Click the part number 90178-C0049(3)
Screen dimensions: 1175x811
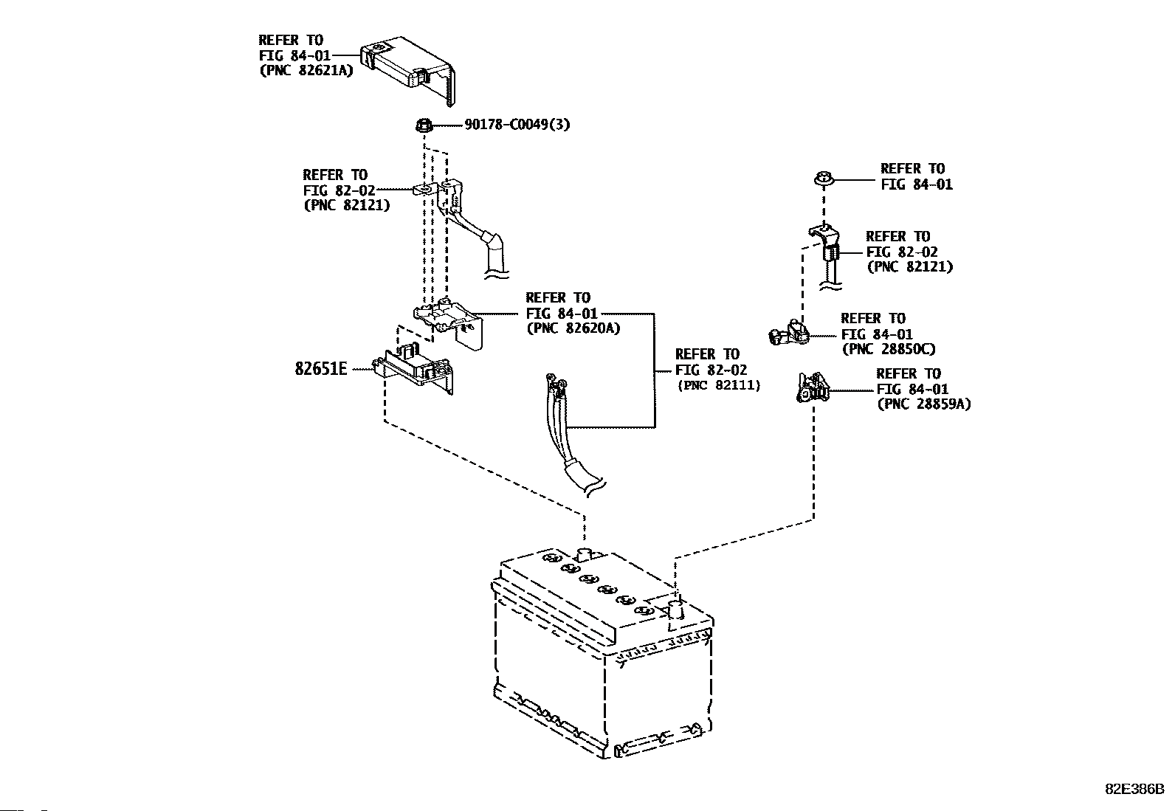[517, 125]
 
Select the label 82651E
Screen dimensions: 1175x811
[320, 369]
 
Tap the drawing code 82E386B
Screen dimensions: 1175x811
[1134, 788]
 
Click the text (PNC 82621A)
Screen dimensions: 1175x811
[306, 70]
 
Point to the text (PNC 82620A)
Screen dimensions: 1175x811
[573, 328]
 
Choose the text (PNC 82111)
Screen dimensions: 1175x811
[719, 385]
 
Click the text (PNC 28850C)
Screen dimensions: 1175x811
[889, 349]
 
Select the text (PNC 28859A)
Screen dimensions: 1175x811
[924, 404]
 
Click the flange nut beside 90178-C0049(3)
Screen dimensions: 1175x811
[424, 125]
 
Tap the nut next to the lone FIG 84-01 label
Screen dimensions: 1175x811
[824, 179]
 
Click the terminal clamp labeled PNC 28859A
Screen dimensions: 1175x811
[812, 388]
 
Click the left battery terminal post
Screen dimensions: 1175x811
[585, 554]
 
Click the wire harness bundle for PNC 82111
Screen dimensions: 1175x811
[569, 435]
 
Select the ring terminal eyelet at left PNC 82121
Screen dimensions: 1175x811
[425, 188]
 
